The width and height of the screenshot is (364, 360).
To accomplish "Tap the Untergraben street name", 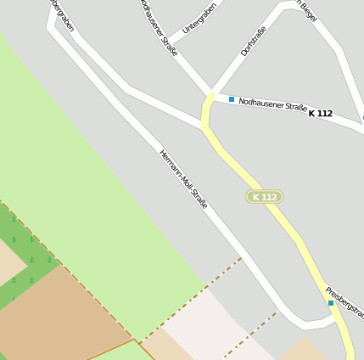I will (x=199, y=17).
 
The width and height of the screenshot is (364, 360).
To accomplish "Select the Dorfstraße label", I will (x=254, y=41).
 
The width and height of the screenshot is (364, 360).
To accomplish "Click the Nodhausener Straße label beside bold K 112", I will (x=272, y=105).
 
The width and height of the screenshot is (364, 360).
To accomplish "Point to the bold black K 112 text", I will (x=321, y=114).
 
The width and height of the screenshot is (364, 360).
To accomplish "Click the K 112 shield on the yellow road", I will (x=264, y=197).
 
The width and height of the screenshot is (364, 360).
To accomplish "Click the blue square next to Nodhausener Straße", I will (x=231, y=99).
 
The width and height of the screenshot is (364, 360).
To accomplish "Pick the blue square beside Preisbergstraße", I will (x=331, y=303).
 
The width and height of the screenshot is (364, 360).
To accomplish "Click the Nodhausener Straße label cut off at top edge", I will (x=158, y=27).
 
